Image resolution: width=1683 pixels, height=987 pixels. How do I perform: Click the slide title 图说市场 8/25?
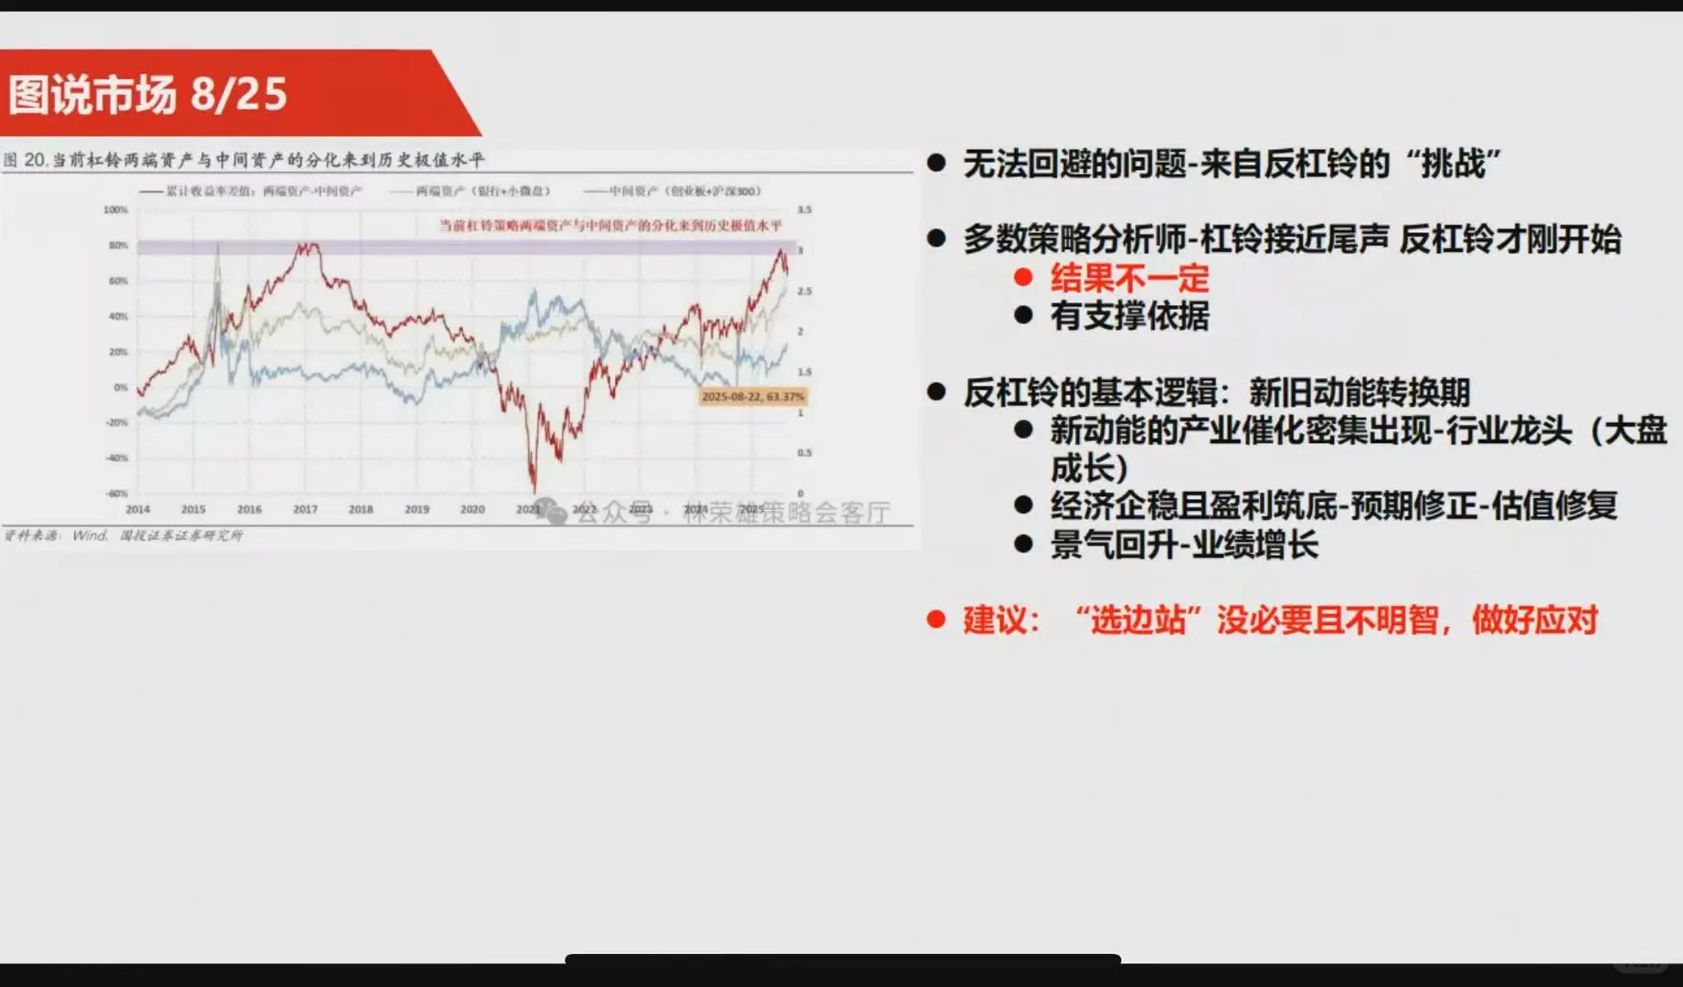tap(148, 94)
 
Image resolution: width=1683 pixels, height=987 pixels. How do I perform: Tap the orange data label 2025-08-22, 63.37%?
tap(752, 397)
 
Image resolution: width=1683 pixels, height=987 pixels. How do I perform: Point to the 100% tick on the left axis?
tap(115, 210)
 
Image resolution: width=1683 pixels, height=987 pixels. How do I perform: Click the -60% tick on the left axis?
tap(116, 493)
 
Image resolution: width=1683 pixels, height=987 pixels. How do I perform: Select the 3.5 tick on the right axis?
tap(804, 210)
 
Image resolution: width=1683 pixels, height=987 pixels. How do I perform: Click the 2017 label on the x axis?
tap(305, 509)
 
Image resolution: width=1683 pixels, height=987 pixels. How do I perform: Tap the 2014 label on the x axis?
tap(138, 509)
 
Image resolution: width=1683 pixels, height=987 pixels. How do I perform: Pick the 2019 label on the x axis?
tap(417, 509)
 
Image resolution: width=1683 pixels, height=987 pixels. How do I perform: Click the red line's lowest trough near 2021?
tap(535, 489)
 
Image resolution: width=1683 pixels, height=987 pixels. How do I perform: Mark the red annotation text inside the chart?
tap(610, 225)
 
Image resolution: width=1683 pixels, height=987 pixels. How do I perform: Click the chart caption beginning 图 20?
tap(244, 160)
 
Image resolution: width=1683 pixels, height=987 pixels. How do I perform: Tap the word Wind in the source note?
tap(90, 536)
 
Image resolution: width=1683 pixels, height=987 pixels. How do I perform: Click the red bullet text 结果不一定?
tap(1129, 278)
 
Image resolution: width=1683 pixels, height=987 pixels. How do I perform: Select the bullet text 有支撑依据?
tap(1129, 316)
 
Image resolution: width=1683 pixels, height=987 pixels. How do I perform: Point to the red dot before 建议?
tap(936, 620)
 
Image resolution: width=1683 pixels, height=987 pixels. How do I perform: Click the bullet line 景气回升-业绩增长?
tap(1184, 545)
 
